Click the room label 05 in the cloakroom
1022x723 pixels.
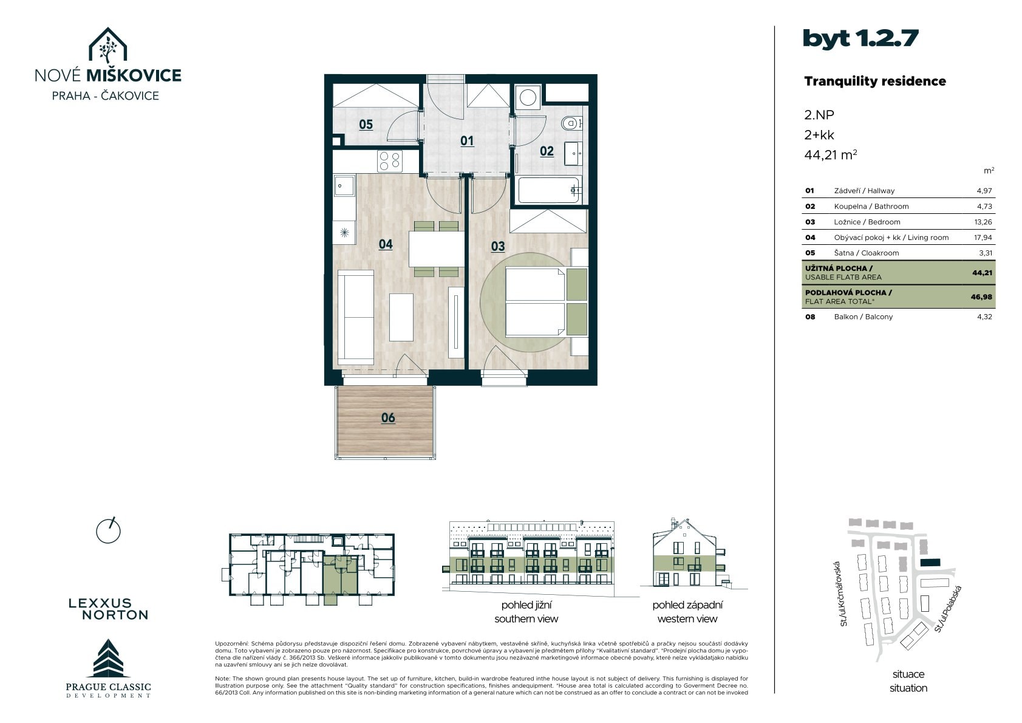(366, 125)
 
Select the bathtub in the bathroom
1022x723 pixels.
(548, 190)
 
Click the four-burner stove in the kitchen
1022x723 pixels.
(390, 160)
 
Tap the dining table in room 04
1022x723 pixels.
(436, 249)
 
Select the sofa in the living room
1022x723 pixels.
(355, 317)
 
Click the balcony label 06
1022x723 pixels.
(388, 417)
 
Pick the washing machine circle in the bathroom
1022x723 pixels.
(528, 98)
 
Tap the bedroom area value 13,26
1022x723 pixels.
(983, 222)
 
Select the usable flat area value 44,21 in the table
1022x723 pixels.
(983, 273)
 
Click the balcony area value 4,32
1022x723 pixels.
(984, 317)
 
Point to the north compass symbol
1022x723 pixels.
(108, 530)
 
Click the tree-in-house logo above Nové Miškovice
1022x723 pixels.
(107, 46)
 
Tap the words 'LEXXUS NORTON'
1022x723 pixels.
(109, 609)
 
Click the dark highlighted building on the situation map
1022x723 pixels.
(930, 563)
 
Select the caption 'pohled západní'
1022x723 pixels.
(687, 605)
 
